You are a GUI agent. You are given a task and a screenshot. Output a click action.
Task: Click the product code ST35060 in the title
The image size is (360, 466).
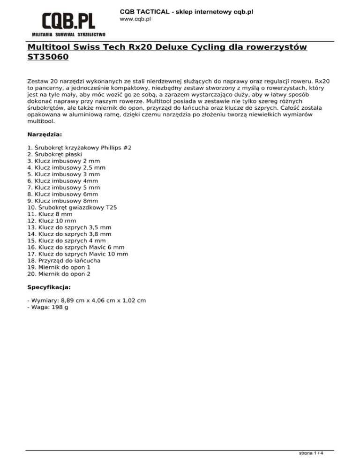48,58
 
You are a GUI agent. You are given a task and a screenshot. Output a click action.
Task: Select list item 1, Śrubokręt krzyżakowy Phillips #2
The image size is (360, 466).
79,148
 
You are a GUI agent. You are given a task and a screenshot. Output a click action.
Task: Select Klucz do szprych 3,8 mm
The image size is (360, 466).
69,234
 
